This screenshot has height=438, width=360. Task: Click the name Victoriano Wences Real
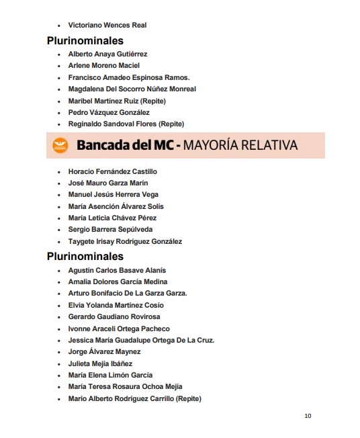pos(107,26)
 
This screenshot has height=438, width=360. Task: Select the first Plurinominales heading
pos(85,41)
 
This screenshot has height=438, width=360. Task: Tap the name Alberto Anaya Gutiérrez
pos(107,54)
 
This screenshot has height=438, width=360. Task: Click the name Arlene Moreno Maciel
pos(103,66)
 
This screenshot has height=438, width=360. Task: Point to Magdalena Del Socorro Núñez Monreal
pos(132,89)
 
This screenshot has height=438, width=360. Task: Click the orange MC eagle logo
pos(61,145)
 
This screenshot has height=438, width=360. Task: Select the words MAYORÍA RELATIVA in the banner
pos(240,145)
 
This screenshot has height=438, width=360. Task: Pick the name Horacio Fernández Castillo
pos(113,171)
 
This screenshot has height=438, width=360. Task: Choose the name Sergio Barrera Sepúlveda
pos(110,230)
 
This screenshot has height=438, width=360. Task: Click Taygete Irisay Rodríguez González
pos(125,241)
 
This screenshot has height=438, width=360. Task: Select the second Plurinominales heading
pos(85,256)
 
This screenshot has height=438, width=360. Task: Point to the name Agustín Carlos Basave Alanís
pos(117,270)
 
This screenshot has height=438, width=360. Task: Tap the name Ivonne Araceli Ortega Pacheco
pos(119,328)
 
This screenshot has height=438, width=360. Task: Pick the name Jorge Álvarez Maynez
pos(104,352)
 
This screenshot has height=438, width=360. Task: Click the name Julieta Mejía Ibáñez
pos(100,363)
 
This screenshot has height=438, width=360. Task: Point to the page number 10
pos(308,416)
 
